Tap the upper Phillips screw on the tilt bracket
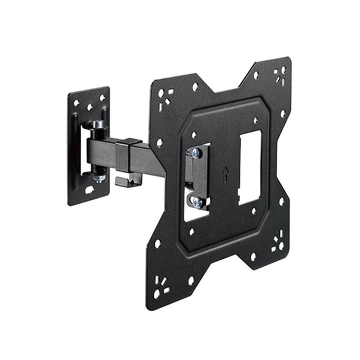pos(196,153)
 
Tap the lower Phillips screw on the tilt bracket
pos(196,202)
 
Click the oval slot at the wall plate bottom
pos(89,189)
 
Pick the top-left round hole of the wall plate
pos(77,103)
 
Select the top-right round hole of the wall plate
pos(102,97)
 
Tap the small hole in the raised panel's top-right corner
pos(256,121)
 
